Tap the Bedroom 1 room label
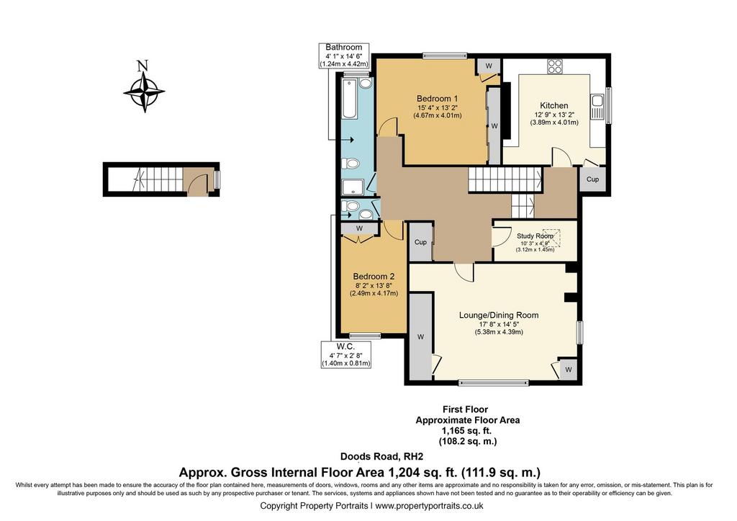tap(437, 99)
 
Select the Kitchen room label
tap(554, 105)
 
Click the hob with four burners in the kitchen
tap(555, 66)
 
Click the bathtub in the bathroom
tap(350, 99)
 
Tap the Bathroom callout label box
tap(344, 55)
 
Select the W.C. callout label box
tap(345, 355)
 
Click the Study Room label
tap(535, 236)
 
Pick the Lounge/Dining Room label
tap(499, 315)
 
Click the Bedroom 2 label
tap(374, 276)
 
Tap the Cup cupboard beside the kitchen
tap(593, 179)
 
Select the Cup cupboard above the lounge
tap(420, 242)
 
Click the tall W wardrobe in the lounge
tap(420, 336)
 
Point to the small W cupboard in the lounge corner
tap(569, 369)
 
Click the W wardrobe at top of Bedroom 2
tap(360, 228)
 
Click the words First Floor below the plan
tap(466, 409)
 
